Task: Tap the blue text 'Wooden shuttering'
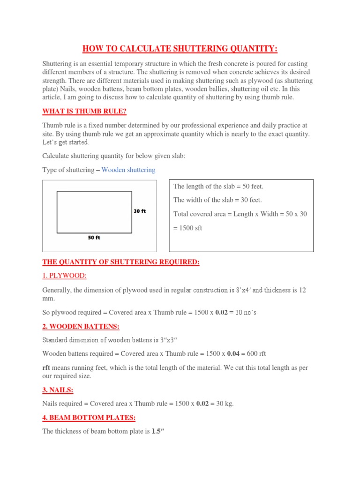click(128, 170)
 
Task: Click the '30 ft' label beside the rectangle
click(140, 211)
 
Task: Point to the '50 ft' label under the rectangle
click(94, 238)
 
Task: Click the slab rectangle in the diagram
click(94, 212)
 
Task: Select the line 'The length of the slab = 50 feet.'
click(218, 187)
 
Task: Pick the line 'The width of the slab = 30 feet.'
click(217, 200)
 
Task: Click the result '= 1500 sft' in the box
click(187, 228)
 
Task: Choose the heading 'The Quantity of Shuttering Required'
click(121, 262)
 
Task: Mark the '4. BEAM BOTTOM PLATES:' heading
click(89, 417)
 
